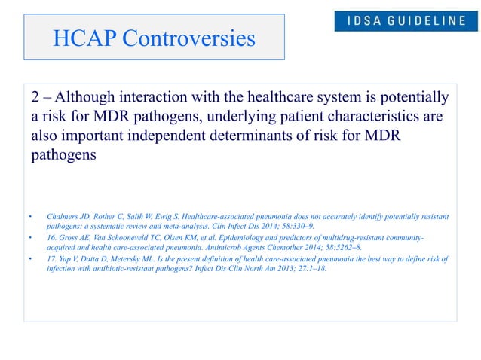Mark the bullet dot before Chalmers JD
pyautogui.click(x=30, y=218)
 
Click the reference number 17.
pyautogui.click(x=52, y=258)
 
